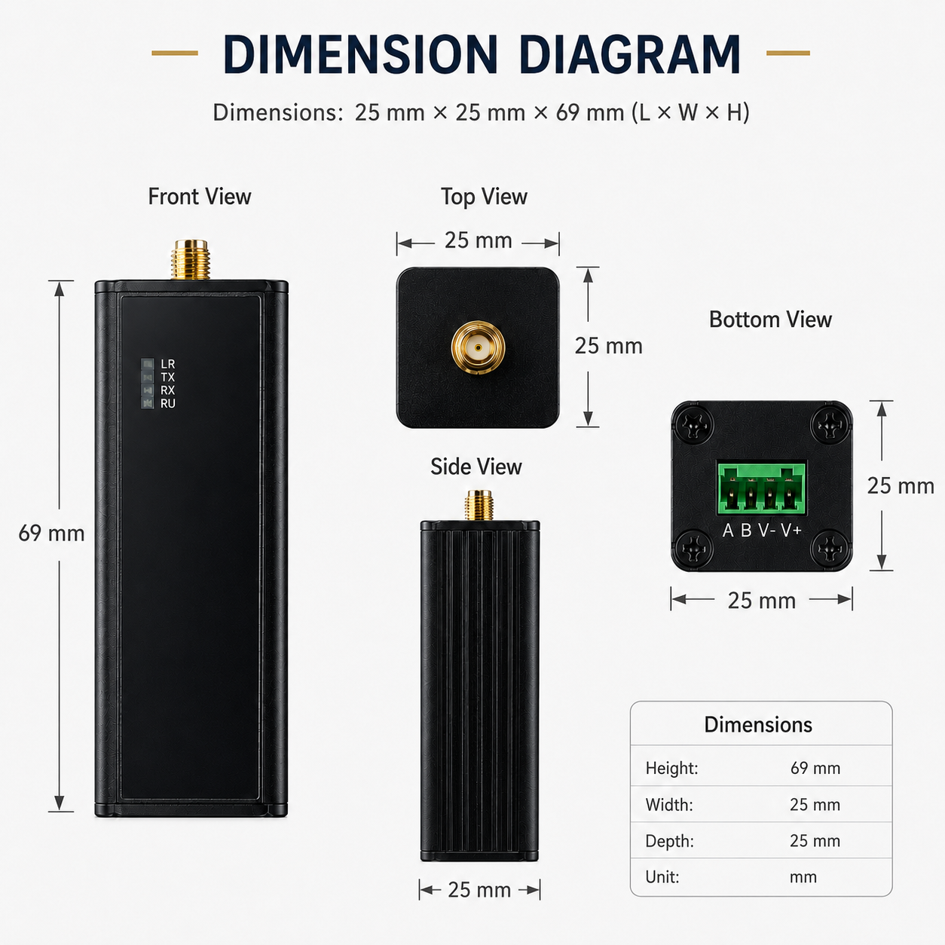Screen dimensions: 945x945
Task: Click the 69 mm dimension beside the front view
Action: tap(51, 534)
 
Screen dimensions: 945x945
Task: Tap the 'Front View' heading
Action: tap(200, 197)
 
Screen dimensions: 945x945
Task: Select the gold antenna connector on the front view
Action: tap(190, 260)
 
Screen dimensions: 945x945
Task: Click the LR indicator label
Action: tap(168, 364)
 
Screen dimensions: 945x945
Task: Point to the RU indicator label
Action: tap(168, 404)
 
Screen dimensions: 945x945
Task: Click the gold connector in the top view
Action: tap(478, 347)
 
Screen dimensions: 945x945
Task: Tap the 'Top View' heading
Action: tap(484, 197)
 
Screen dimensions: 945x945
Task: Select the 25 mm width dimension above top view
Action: tap(478, 240)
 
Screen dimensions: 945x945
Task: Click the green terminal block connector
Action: tap(761, 488)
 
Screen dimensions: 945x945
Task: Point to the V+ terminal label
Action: tap(791, 530)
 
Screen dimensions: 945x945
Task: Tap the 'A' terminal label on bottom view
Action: tap(728, 530)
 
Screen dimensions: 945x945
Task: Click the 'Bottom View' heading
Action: tap(770, 320)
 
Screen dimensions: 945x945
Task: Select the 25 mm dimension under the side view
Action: tap(479, 890)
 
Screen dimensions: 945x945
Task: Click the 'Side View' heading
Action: tap(476, 466)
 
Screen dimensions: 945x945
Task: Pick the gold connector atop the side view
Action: tap(479, 505)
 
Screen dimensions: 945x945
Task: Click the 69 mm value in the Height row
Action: tap(815, 768)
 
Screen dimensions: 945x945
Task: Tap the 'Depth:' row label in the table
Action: tap(669, 841)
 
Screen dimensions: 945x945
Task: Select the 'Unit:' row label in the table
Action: tap(662, 877)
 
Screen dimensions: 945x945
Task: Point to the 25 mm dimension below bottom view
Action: tap(762, 601)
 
